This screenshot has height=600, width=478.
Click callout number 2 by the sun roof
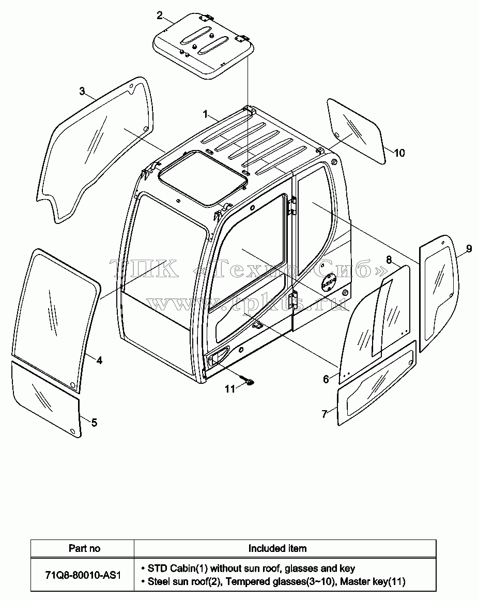(160, 16)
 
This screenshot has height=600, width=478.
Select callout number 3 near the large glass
(82, 91)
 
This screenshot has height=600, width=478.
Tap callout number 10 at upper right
(399, 153)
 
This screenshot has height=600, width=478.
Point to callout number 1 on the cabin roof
(205, 114)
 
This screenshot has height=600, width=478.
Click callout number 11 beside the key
(230, 389)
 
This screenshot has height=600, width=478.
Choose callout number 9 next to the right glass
(469, 249)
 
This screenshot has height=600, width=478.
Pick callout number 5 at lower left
(94, 423)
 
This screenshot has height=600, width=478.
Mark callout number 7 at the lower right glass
(325, 414)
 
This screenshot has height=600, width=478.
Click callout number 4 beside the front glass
(99, 360)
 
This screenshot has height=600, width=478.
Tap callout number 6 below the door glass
(326, 379)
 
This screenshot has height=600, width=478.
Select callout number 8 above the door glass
(389, 260)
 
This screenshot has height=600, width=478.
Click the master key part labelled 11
(249, 381)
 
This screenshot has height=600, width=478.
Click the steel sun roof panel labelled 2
(203, 45)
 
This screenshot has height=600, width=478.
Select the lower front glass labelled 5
(47, 398)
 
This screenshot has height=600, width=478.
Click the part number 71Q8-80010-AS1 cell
(83, 575)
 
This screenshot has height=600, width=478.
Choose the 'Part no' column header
(85, 548)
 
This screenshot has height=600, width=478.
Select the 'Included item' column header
(277, 548)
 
